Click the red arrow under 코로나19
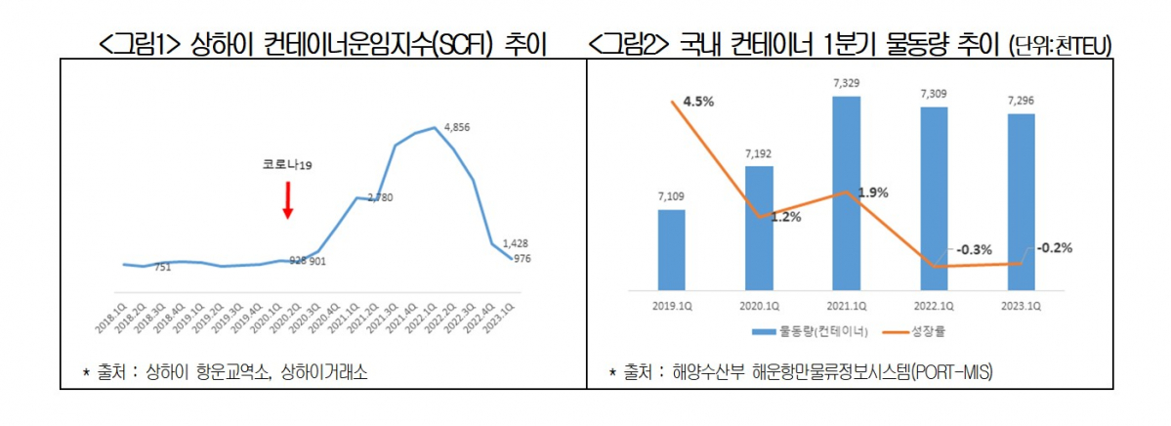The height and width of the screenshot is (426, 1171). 288,198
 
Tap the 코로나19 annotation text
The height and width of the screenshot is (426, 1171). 286,166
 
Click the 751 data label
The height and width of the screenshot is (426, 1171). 163,268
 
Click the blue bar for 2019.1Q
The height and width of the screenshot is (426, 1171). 671,250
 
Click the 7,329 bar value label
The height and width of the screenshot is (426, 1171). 847,85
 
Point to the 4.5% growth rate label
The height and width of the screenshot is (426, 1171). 698,101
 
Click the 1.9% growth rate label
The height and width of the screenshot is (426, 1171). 872,192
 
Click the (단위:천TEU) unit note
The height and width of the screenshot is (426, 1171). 1059,46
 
